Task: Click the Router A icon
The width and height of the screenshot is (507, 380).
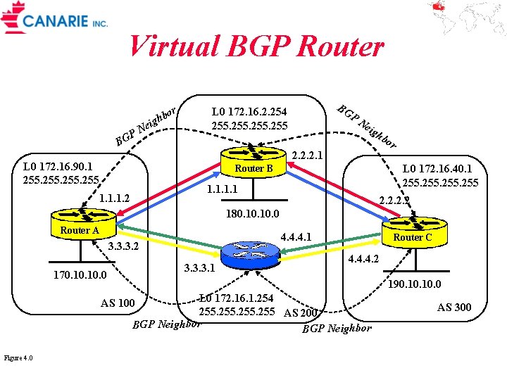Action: (x=80, y=223)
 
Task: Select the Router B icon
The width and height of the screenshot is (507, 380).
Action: (x=254, y=162)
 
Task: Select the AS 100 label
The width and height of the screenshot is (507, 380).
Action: (x=118, y=303)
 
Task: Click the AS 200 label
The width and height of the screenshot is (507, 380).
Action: (x=301, y=313)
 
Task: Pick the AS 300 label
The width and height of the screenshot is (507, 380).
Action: (x=454, y=307)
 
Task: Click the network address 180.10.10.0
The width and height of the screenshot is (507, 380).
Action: (x=253, y=213)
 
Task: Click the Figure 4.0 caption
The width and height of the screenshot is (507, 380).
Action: (x=18, y=358)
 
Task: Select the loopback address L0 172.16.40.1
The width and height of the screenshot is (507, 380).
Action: (x=437, y=169)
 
